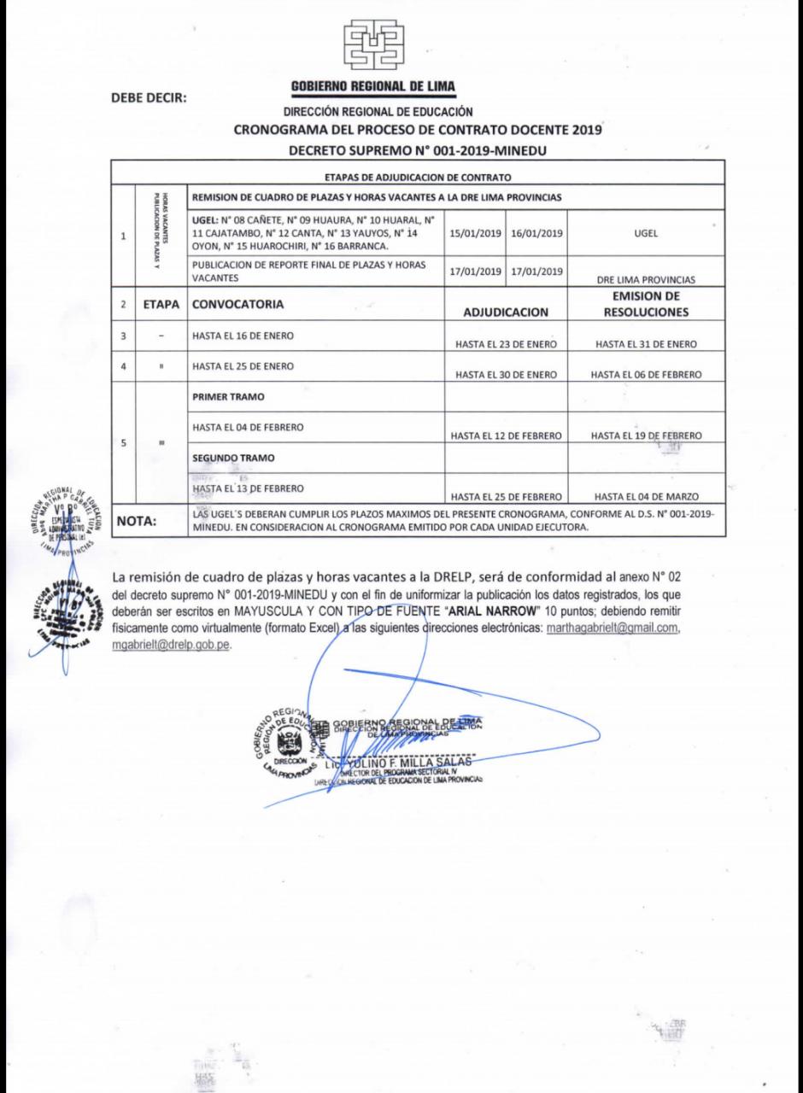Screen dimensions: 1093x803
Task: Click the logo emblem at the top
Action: pyautogui.click(x=375, y=44)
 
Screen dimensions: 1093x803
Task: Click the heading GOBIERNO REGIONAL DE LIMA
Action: pyautogui.click(x=373, y=86)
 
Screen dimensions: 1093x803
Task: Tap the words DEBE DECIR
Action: pyautogui.click(x=149, y=96)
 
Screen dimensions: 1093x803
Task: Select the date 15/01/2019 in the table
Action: pyautogui.click(x=474, y=231)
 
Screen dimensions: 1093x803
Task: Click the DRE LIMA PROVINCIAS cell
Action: pyautogui.click(x=646, y=277)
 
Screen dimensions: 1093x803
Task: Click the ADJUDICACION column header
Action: pyautogui.click(x=506, y=313)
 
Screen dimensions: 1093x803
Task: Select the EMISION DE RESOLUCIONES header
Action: pyautogui.click(x=646, y=305)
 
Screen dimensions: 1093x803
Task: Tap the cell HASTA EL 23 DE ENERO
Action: pyautogui.click(x=507, y=344)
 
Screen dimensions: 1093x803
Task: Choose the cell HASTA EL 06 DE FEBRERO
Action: pyautogui.click(x=646, y=375)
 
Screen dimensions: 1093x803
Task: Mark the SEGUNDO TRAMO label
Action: pyautogui.click(x=232, y=458)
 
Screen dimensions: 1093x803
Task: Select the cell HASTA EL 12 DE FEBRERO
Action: pyautogui.click(x=507, y=435)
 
